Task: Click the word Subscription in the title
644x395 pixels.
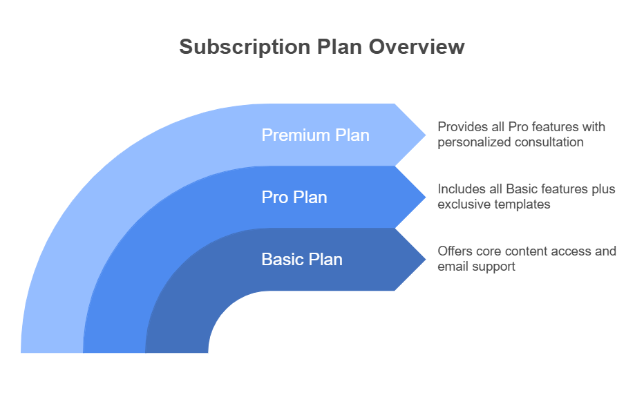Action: click(x=245, y=48)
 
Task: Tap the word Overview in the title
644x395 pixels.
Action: click(x=417, y=46)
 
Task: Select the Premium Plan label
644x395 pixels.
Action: click(x=315, y=135)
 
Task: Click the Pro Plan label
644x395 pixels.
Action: click(x=294, y=197)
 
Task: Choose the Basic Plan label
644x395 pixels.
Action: click(x=302, y=260)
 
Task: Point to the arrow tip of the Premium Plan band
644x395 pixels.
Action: click(x=426, y=135)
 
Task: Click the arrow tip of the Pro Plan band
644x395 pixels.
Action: click(x=426, y=197)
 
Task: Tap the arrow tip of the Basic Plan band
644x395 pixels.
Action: click(x=426, y=260)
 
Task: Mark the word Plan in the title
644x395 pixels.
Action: click(x=339, y=46)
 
